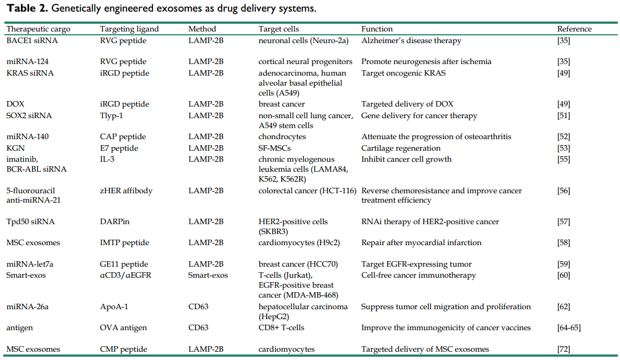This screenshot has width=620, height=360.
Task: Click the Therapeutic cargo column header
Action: [38, 29]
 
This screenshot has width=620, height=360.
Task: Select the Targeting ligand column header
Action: [129, 29]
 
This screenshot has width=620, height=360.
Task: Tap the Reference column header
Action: [574, 29]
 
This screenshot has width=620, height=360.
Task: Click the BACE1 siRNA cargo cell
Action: [32, 40]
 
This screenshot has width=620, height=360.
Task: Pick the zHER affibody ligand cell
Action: [126, 190]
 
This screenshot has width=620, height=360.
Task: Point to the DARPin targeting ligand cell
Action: [115, 222]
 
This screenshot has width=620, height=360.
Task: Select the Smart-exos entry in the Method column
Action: [208, 275]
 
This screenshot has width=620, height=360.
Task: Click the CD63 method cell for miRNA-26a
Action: [198, 306]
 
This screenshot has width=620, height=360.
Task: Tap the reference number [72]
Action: [564, 349]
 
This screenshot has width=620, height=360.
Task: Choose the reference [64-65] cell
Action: [569, 327]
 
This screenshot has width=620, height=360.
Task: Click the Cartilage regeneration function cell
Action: [401, 148]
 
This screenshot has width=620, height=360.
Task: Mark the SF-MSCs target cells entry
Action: [275, 148]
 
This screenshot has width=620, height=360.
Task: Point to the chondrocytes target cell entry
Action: [282, 137]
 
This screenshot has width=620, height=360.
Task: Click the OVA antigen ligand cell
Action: [123, 327]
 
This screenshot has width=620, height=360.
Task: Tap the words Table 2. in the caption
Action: [27, 8]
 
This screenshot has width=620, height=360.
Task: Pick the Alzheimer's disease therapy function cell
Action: [411, 40]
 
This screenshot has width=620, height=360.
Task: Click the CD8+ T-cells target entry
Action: [281, 327]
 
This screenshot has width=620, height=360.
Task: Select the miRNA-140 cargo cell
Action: [28, 137]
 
